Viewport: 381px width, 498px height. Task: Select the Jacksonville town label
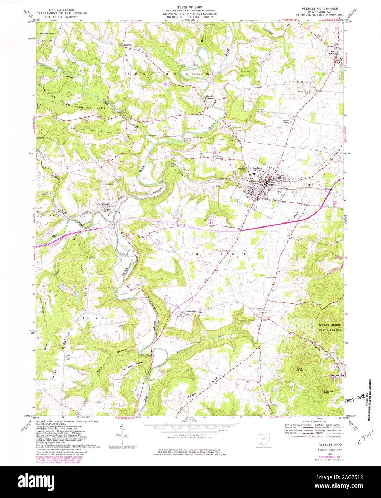190,311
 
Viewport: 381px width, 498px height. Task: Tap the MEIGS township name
221,254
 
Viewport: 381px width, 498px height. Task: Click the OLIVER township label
94,318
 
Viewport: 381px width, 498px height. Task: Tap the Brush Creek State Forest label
331,327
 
